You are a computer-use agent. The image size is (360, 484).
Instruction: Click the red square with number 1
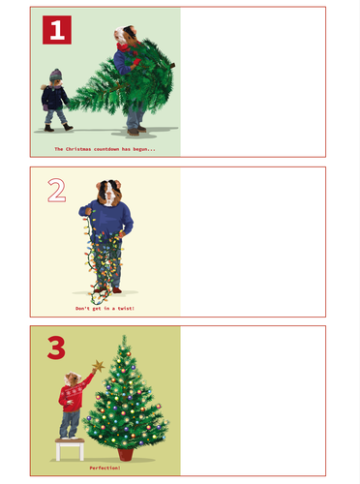(57, 30)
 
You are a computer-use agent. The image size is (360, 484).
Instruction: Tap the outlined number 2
(57, 191)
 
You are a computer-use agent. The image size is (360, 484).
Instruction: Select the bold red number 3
(56, 348)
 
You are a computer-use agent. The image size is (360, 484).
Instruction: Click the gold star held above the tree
(99, 366)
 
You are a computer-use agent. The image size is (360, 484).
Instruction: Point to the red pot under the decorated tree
(125, 454)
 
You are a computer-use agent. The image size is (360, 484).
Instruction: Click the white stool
(70, 449)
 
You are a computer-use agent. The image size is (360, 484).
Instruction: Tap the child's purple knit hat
(56, 75)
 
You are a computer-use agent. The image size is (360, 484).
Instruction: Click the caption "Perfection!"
(105, 468)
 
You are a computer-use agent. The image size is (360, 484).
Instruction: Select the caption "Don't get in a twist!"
(105, 309)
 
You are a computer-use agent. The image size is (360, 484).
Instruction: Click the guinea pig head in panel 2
(109, 193)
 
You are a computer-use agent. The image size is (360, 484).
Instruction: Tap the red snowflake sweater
(74, 394)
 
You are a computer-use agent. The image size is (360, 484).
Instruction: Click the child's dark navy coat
(54, 98)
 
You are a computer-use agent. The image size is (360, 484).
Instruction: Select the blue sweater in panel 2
(107, 220)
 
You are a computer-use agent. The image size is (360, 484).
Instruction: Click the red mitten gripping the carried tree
(136, 62)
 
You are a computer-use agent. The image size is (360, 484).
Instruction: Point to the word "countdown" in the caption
(106, 149)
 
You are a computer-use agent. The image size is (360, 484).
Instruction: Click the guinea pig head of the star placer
(73, 378)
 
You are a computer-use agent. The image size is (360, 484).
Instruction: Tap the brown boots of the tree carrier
(137, 131)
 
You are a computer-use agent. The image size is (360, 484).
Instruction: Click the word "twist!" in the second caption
(126, 309)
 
